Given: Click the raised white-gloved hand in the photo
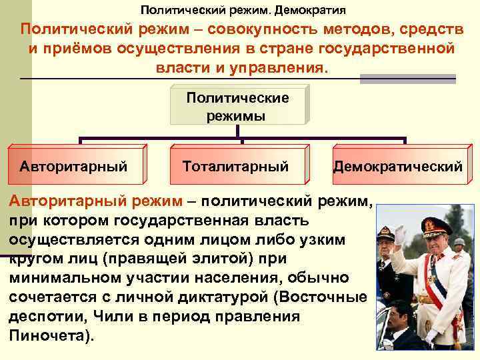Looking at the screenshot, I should coord(399,235).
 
